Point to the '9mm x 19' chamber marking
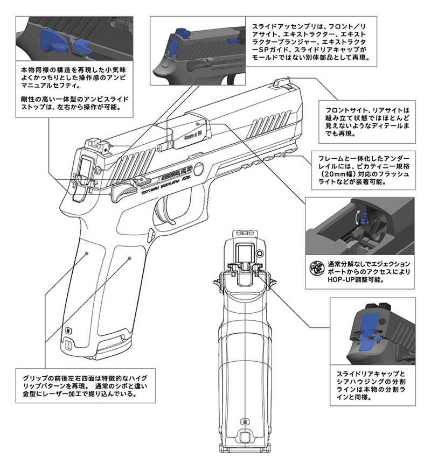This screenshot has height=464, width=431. [x=192, y=130]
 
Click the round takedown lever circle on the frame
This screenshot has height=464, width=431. [x=199, y=169]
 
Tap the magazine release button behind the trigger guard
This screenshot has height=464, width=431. [x=152, y=234]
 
